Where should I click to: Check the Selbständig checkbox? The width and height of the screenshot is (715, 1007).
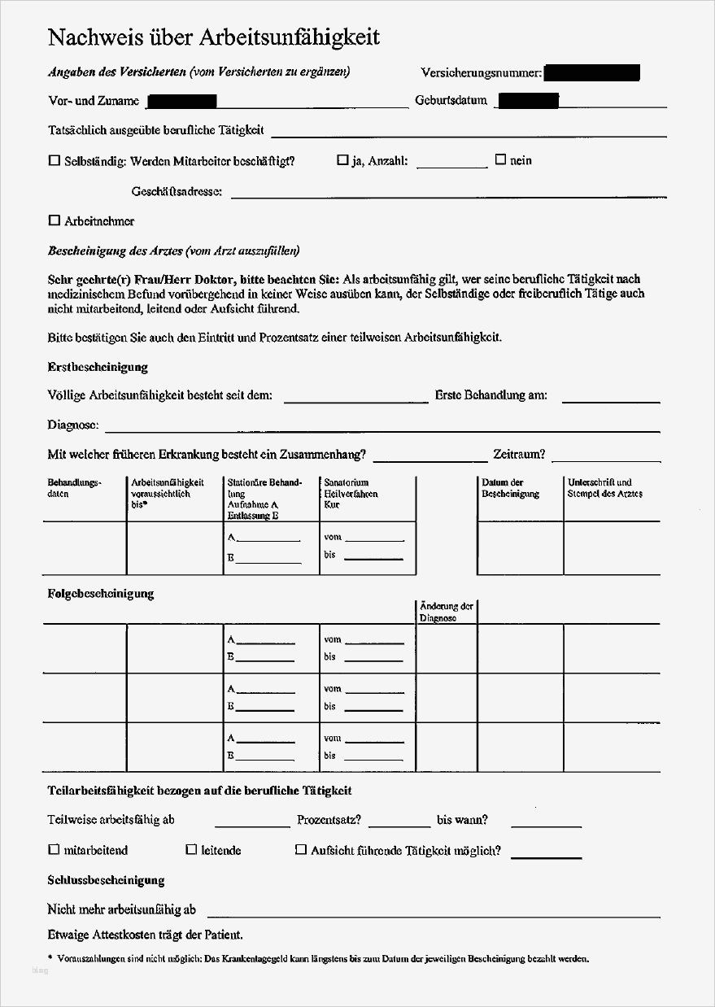click(x=54, y=161)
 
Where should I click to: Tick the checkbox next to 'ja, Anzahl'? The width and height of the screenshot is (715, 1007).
click(x=342, y=160)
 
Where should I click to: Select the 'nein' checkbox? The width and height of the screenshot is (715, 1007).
click(x=500, y=159)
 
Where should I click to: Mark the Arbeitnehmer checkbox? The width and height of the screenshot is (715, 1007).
click(x=54, y=220)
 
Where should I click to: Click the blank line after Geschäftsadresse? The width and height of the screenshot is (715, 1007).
click(x=447, y=196)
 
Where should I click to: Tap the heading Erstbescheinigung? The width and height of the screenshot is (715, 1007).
click(x=98, y=367)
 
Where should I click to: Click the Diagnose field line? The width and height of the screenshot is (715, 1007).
click(x=382, y=429)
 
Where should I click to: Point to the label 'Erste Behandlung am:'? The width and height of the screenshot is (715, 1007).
click(x=490, y=396)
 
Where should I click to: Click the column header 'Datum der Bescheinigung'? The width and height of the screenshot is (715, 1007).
click(x=510, y=488)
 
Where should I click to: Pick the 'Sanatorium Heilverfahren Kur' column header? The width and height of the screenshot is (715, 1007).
click(x=351, y=493)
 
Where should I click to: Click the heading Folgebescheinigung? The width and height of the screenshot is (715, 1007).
click(x=101, y=594)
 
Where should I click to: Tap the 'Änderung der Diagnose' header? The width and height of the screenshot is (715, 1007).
click(x=446, y=612)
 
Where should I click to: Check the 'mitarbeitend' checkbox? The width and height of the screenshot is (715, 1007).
click(x=54, y=850)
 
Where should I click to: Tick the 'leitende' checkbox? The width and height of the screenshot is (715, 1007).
click(x=191, y=850)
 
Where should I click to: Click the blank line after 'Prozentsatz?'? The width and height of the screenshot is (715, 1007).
click(x=399, y=825)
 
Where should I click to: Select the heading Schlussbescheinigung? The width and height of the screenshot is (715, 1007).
click(x=106, y=880)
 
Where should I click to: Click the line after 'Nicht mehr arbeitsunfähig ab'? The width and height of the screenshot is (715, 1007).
click(x=431, y=914)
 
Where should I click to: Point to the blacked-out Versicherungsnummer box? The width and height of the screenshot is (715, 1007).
click(x=591, y=73)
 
